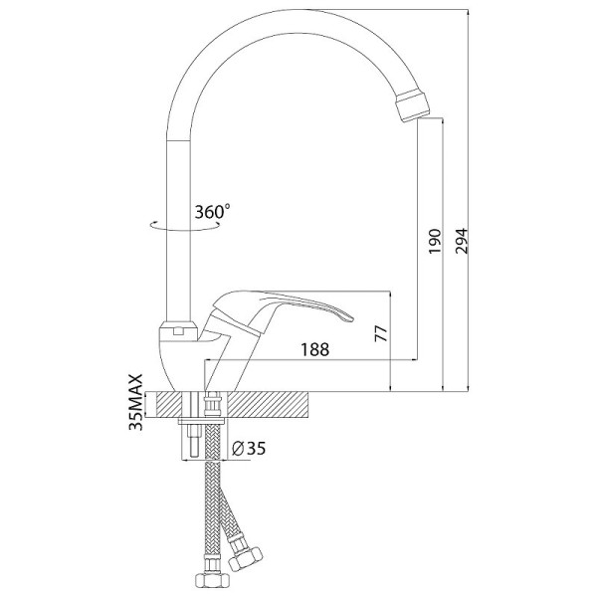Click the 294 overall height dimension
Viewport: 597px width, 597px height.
(461, 241)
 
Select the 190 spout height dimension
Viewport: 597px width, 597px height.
(435, 241)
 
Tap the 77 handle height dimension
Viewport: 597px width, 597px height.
(381, 333)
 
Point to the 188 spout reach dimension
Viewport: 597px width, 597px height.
(315, 349)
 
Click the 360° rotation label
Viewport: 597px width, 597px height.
(213, 212)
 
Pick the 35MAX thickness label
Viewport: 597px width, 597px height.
(136, 402)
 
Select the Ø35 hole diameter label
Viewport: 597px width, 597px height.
(249, 449)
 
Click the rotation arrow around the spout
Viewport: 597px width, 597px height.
(185, 226)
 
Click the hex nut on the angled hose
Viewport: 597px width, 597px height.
(245, 556)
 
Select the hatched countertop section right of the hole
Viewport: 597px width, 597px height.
(269, 405)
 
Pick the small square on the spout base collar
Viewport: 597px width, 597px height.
(178, 331)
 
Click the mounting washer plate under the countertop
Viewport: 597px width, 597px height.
(203, 421)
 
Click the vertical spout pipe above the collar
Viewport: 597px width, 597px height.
(178, 229)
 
